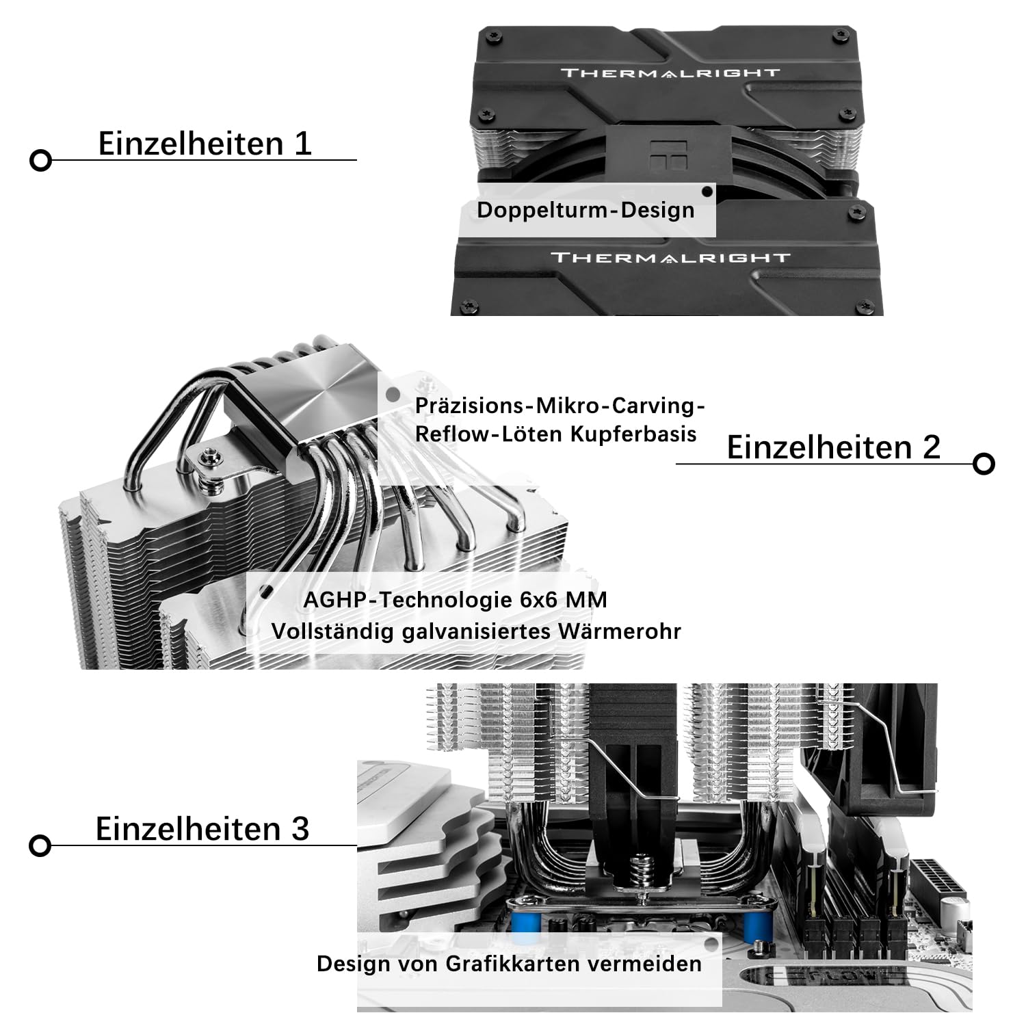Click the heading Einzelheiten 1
coord(205,144)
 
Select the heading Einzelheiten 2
coord(833,447)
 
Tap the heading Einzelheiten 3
coord(202,829)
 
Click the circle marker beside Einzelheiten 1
coord(41,161)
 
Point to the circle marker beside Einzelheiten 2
coord(984,464)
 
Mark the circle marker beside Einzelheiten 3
coord(40,846)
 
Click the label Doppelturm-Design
coord(586,210)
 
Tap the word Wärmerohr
coord(620,631)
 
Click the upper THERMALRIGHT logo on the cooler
coord(670,73)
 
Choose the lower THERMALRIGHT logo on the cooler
coord(670,258)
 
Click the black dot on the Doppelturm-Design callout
coord(708,192)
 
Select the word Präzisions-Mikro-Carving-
coord(560,406)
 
